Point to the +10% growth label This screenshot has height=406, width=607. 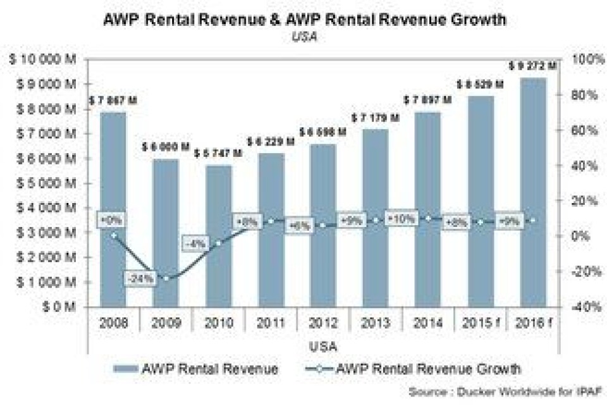click(x=402, y=218)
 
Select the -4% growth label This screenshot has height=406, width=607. click(x=196, y=243)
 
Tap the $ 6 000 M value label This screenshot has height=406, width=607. click(x=166, y=147)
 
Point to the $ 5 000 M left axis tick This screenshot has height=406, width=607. click(x=44, y=183)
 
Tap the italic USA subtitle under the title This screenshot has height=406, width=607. click(x=303, y=37)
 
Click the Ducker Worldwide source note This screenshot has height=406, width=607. click(x=506, y=390)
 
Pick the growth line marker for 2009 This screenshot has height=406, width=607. click(x=166, y=278)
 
